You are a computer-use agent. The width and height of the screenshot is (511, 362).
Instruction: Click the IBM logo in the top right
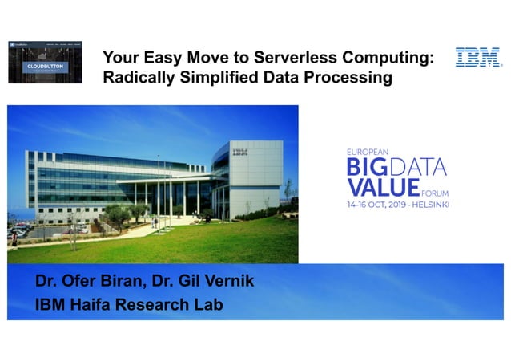[x=478, y=57]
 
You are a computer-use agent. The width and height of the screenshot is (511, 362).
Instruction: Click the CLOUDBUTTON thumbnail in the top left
[x=46, y=61]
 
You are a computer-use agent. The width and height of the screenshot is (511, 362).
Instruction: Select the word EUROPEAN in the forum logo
[x=368, y=151]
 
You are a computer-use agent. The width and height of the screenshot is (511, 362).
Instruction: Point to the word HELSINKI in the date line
[x=428, y=204]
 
